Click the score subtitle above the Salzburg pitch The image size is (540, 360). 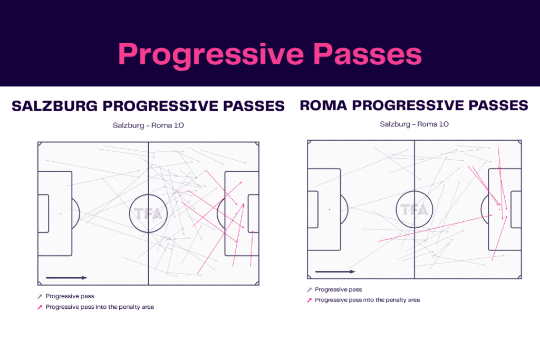coord(148,126)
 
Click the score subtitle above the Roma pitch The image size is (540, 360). coord(414,124)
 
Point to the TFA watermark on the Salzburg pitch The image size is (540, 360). coord(148,214)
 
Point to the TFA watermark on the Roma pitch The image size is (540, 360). coord(414,210)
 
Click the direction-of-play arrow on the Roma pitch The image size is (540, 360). coord(335,272)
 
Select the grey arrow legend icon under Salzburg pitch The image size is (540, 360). coord(40,297)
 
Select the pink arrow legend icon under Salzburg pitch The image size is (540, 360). coord(40,307)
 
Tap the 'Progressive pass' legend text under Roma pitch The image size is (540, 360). coord(338,290)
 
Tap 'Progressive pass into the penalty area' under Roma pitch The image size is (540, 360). coord(367,300)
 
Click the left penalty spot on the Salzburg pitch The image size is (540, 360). coord(61,213)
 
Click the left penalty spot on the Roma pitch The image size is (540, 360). coord(330,209)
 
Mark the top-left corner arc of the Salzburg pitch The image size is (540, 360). coord(40,144)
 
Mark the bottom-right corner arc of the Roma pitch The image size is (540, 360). coord(519,277)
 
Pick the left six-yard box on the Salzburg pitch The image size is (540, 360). coord(43,213)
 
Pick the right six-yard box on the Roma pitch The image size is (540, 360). coord(516,209)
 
